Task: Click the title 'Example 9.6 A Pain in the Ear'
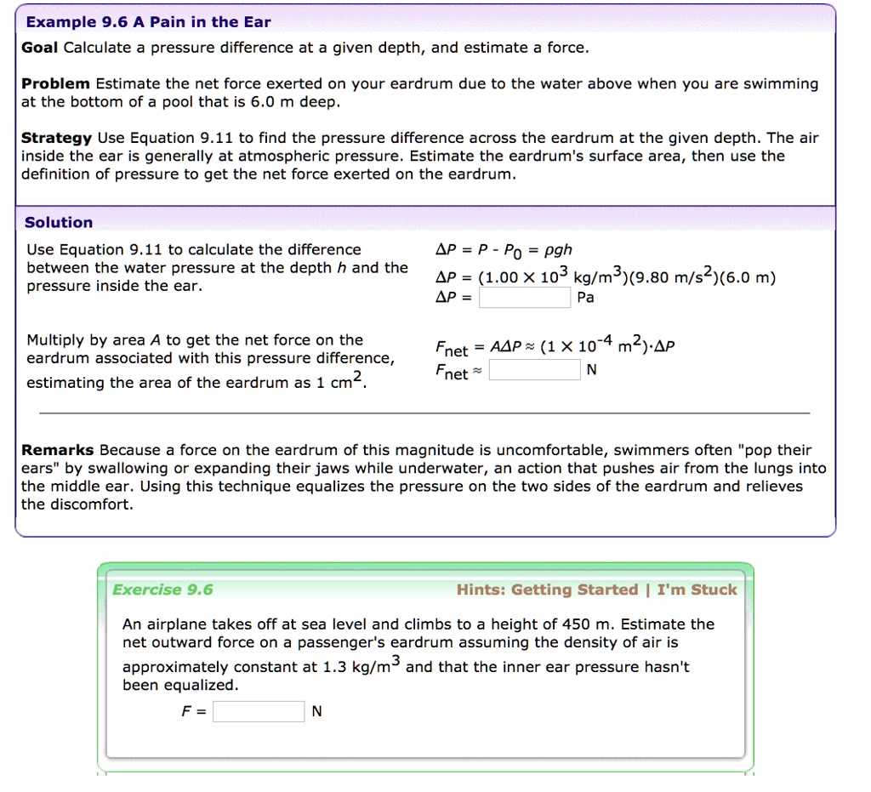point(149,22)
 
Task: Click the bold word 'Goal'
point(40,48)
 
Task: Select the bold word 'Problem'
point(55,83)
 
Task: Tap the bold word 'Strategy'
point(56,138)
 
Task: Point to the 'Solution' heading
point(59,222)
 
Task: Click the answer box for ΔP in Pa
point(525,298)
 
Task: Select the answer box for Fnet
point(536,370)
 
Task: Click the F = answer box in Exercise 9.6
point(259,711)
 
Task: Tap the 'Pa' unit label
point(586,298)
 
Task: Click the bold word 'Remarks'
point(57,450)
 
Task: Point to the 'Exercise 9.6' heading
point(163,590)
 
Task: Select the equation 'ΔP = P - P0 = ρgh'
point(504,250)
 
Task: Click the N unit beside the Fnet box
point(593,370)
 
